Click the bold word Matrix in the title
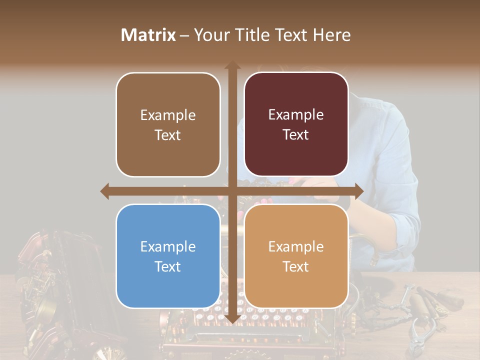[148, 35]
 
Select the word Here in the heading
[332, 35]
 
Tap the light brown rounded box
[168, 125]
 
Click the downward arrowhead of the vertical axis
[232, 318]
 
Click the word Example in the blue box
[168, 246]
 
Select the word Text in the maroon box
[296, 135]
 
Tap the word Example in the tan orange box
[296, 246]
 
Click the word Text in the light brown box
[168, 135]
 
